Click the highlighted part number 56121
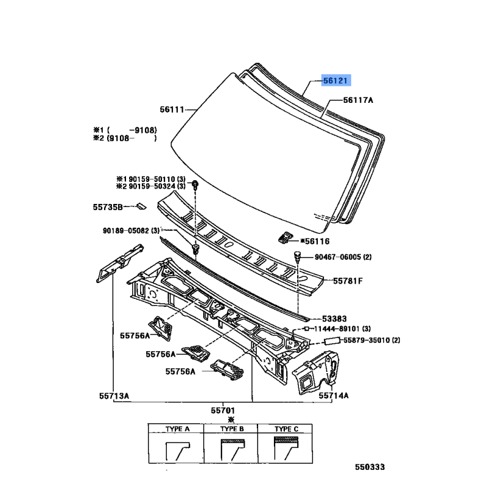337,80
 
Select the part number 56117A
358,100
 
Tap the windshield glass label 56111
172,110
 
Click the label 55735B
108,207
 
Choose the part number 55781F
347,281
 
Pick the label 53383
334,318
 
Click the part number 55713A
114,396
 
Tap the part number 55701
223,411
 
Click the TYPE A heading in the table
178,429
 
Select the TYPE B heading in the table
232,429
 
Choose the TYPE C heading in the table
286,429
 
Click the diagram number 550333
370,468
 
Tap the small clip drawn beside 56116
285,237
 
